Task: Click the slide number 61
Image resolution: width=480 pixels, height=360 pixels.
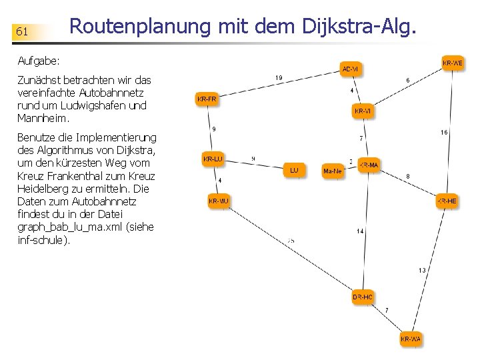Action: click(22, 31)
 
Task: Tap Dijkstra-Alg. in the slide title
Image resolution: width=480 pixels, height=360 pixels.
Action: click(360, 27)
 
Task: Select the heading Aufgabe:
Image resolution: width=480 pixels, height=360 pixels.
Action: click(39, 61)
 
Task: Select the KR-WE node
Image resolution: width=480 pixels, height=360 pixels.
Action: click(453, 63)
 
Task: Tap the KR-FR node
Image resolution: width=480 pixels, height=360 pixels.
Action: click(207, 99)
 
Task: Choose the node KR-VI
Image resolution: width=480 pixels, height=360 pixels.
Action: click(363, 111)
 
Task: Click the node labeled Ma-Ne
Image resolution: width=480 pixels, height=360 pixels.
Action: click(332, 171)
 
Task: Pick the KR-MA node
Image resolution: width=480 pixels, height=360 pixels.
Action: click(369, 165)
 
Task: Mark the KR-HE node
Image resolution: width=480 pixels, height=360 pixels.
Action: click(447, 201)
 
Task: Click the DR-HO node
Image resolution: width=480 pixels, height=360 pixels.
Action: click(363, 297)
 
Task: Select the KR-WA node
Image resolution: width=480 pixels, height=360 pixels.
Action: click(411, 339)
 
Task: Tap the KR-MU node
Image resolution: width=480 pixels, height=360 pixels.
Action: click(219, 201)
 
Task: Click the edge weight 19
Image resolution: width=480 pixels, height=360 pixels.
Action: click(279, 78)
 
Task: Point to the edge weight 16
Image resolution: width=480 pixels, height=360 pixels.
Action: click(444, 132)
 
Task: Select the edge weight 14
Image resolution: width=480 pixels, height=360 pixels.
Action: click(360, 231)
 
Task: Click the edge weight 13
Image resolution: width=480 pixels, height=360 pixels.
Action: click(422, 270)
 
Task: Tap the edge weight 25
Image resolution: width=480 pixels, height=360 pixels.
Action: click(291, 240)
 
